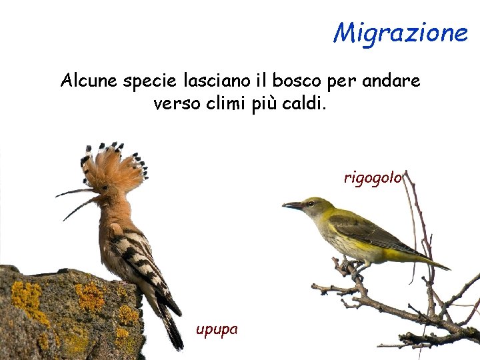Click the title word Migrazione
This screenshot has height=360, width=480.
401,31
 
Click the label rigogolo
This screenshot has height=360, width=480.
373,177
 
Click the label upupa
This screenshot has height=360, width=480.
216,329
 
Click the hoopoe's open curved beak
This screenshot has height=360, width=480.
75,200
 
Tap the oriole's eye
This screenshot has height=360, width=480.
309,203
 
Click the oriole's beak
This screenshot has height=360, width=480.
292,206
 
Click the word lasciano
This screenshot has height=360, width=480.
215,81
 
